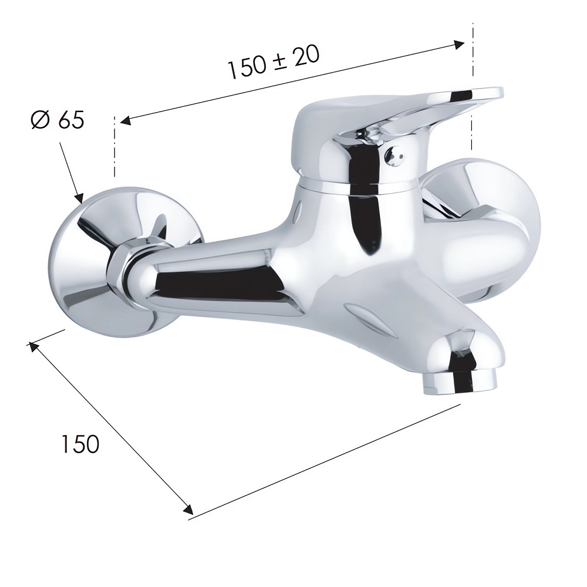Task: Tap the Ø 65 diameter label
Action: (58, 119)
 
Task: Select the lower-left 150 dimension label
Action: (80, 444)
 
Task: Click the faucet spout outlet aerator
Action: (460, 383)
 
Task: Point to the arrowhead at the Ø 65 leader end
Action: (79, 198)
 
